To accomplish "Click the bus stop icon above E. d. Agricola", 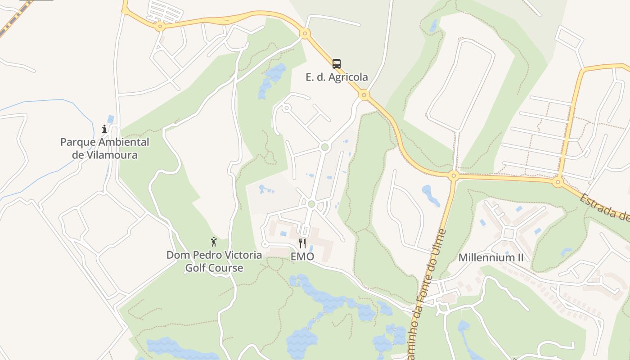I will pyautogui.click(x=337, y=63).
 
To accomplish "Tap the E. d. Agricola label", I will pyautogui.click(x=337, y=77).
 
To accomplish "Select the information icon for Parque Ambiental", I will pyautogui.click(x=104, y=129).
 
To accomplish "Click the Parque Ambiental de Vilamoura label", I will pyautogui.click(x=105, y=148).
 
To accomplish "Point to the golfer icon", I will pyautogui.click(x=214, y=242).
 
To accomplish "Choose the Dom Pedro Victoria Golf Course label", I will pyautogui.click(x=214, y=261).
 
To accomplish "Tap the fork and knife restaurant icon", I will pyautogui.click(x=302, y=243).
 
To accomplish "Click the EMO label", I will pyautogui.click(x=302, y=257).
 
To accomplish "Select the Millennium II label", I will pyautogui.click(x=491, y=258).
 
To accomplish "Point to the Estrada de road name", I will pyautogui.click(x=605, y=207).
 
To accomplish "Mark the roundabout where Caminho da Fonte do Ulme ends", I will pyautogui.click(x=454, y=175).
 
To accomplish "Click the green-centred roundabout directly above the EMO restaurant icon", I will pyautogui.click(x=311, y=204).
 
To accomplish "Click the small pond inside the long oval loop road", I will pyautogui.click(x=433, y=26).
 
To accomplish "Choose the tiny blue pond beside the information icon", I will pyautogui.click(x=111, y=119).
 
